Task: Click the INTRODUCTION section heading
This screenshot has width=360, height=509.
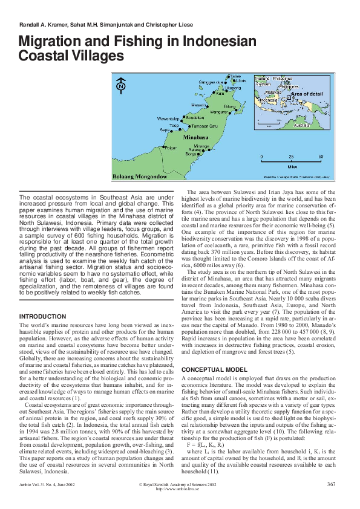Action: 43,317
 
